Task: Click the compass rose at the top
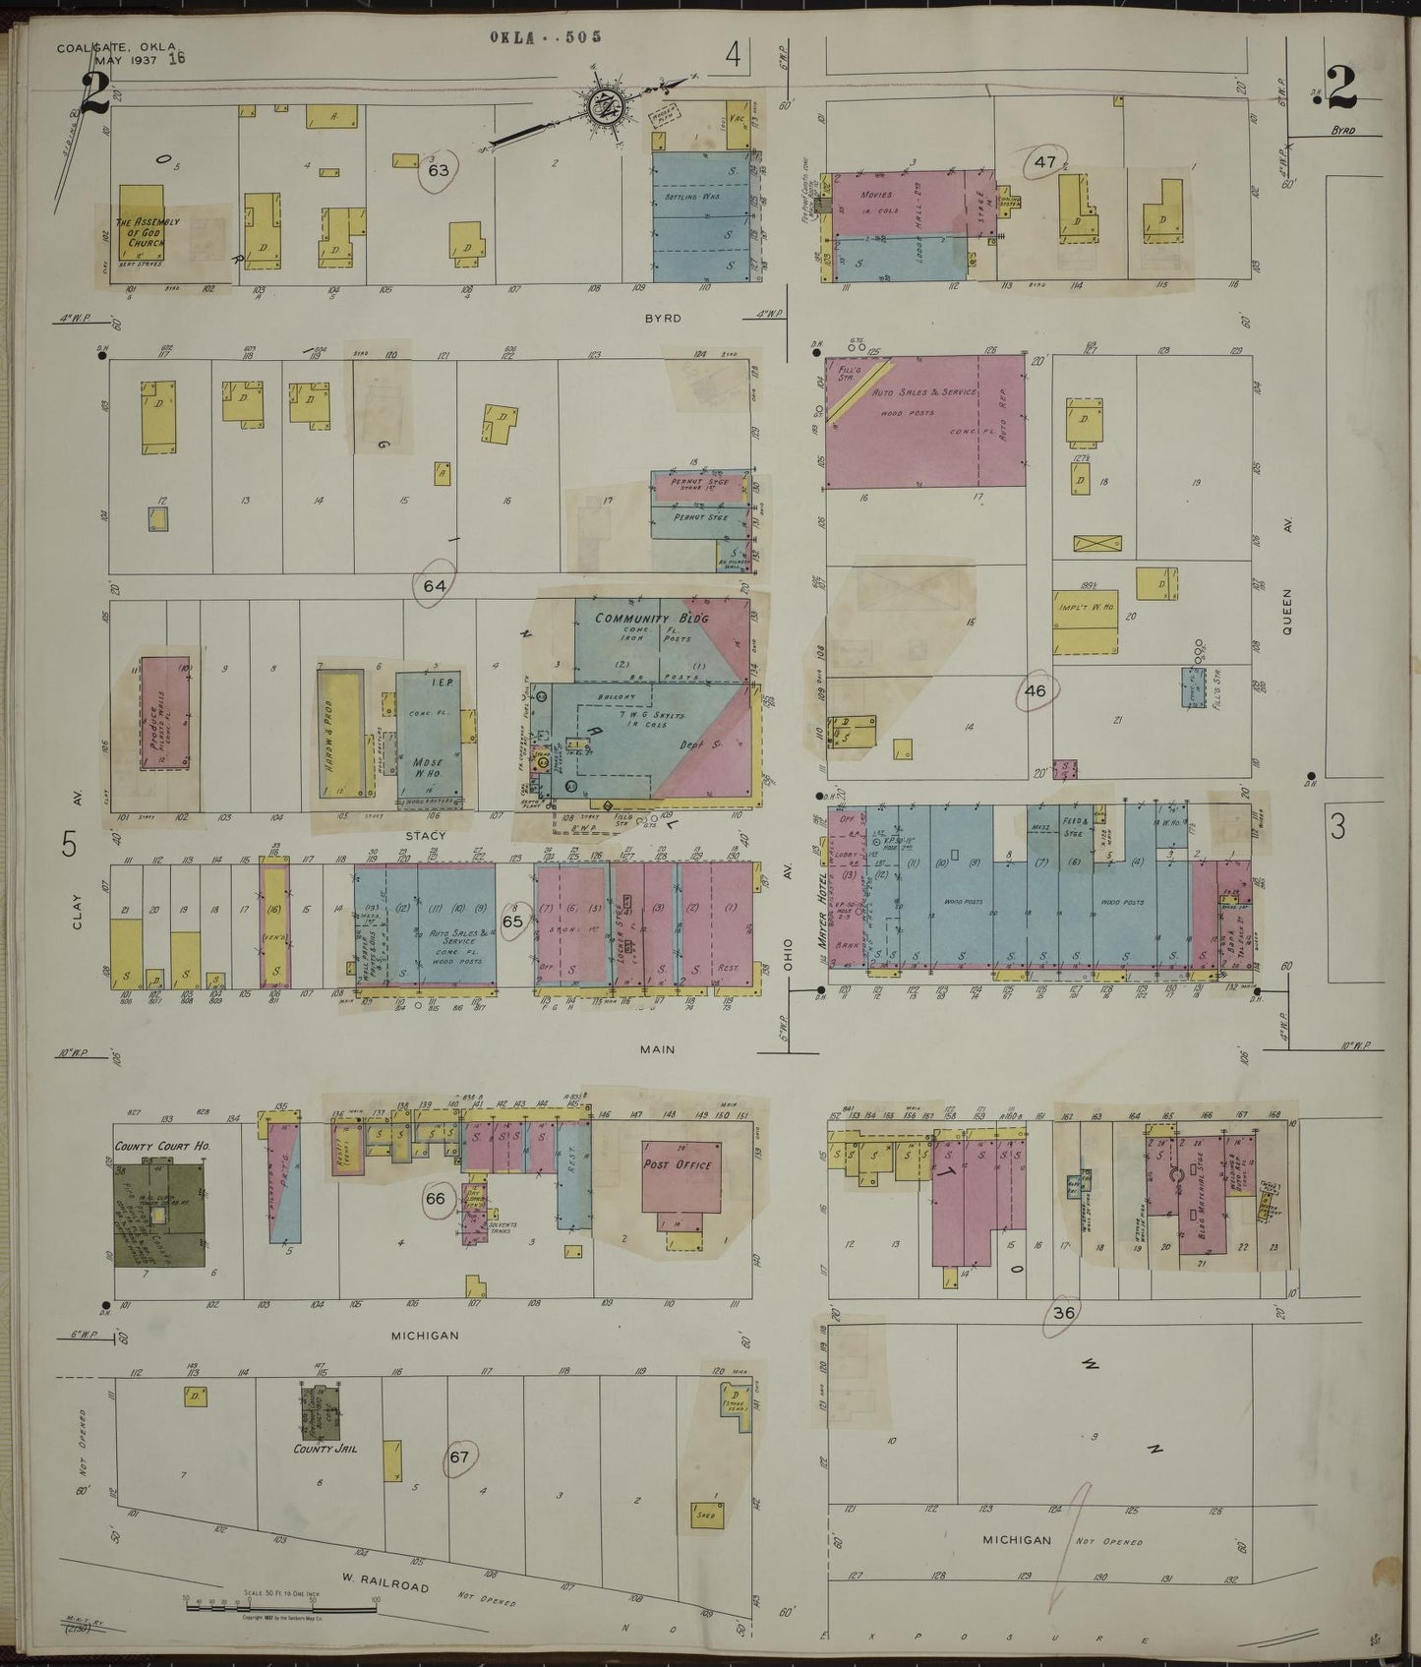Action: tap(602, 104)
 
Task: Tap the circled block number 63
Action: tap(438, 170)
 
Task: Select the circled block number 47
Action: tap(1044, 161)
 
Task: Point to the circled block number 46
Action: tap(1035, 690)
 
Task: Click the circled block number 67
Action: tap(459, 1458)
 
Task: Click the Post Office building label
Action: tap(678, 1164)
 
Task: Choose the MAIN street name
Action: tap(657, 1049)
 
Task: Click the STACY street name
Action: tap(427, 836)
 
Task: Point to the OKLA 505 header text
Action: tap(546, 37)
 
